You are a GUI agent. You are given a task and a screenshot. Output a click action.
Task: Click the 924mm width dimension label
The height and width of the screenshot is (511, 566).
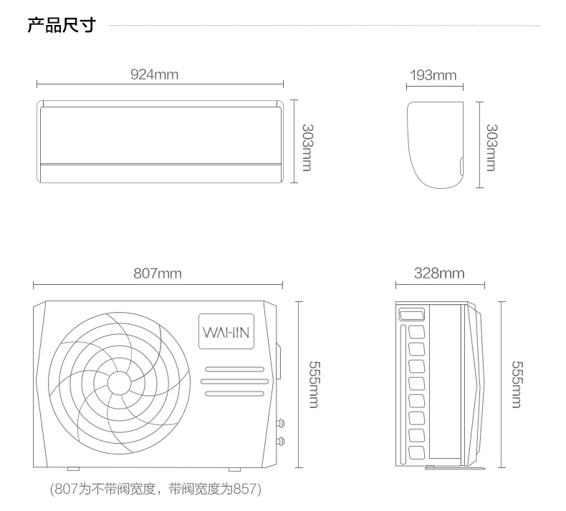tap(154, 74)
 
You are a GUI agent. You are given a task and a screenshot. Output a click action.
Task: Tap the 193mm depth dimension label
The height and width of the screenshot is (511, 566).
tap(433, 75)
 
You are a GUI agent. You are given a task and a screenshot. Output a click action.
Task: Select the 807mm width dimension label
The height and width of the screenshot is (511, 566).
tap(158, 273)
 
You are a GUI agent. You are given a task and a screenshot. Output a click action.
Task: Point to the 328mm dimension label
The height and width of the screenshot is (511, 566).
tap(439, 273)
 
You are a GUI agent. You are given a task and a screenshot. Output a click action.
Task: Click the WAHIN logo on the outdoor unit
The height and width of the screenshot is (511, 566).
tap(226, 332)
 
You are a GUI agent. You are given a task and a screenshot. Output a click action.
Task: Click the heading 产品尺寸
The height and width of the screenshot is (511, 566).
tap(62, 25)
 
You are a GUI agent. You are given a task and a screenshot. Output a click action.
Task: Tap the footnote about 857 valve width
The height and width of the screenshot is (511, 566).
tap(155, 489)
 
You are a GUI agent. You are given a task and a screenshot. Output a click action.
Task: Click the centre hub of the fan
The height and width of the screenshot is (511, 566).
tap(119, 383)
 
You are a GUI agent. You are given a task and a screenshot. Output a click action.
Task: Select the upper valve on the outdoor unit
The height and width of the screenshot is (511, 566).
tap(279, 423)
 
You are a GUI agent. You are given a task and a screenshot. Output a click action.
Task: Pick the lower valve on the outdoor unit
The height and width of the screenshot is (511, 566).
tap(279, 441)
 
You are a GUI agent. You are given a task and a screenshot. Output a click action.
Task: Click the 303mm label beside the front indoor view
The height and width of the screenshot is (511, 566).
tap(307, 147)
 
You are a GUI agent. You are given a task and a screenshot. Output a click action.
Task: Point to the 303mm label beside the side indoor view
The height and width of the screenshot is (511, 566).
tap(491, 147)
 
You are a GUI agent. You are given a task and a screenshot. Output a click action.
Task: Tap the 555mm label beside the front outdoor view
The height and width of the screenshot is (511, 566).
tap(314, 384)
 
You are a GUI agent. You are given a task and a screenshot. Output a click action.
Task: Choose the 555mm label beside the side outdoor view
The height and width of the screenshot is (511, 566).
tap(517, 384)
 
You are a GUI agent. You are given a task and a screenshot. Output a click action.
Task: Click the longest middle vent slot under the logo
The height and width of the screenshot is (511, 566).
tap(234, 381)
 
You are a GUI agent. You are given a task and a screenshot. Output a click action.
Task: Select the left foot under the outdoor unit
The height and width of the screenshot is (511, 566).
tap(73, 469)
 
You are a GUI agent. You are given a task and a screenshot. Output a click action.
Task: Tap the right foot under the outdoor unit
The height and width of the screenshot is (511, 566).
tap(234, 469)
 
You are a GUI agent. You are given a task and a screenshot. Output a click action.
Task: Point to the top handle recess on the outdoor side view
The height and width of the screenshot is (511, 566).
tap(411, 314)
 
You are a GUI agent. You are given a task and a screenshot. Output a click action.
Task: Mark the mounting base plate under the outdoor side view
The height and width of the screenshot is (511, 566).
tap(456, 468)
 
